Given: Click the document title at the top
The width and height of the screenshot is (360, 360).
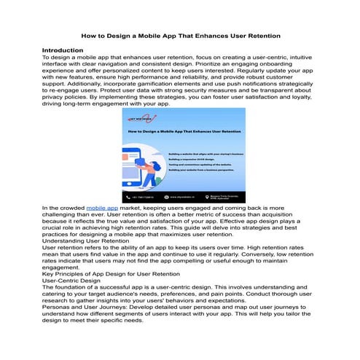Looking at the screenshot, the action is pyautogui.click(x=180, y=35).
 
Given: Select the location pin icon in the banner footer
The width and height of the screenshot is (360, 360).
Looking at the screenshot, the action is pyautogui.click(x=206, y=197).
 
